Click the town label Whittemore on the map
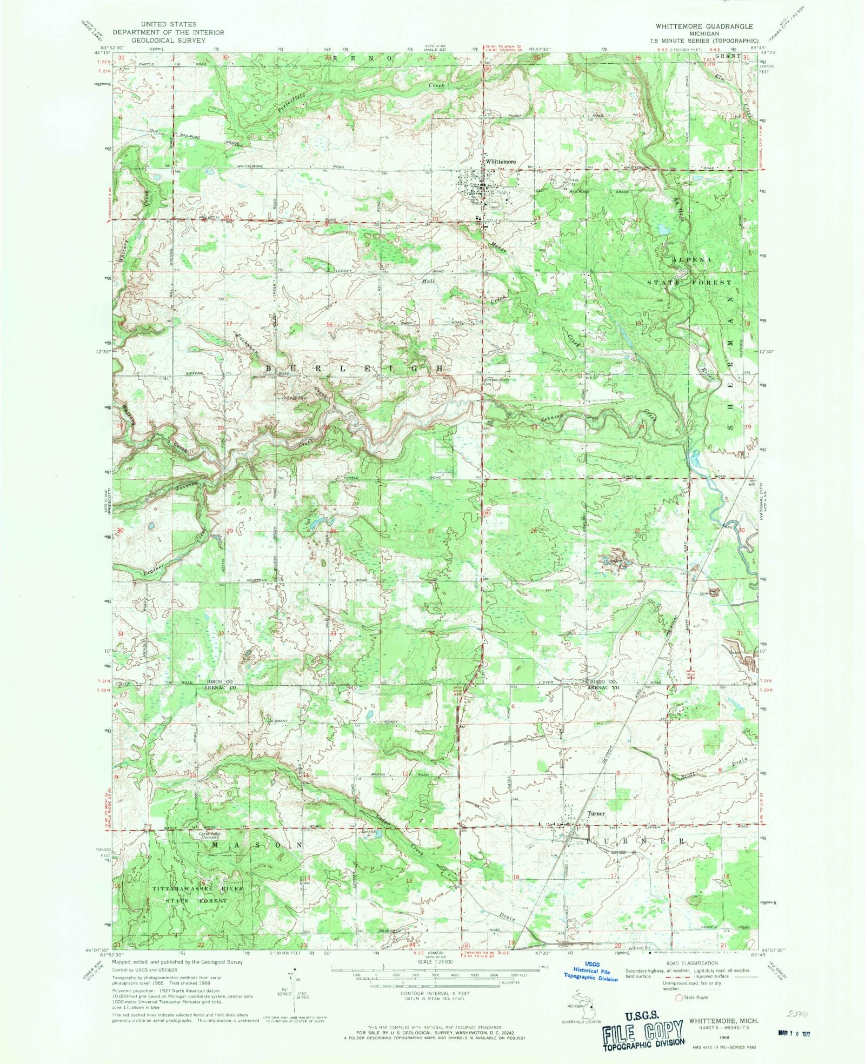[x=501, y=162]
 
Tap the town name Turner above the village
[x=596, y=813]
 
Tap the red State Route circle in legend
[x=679, y=998]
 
